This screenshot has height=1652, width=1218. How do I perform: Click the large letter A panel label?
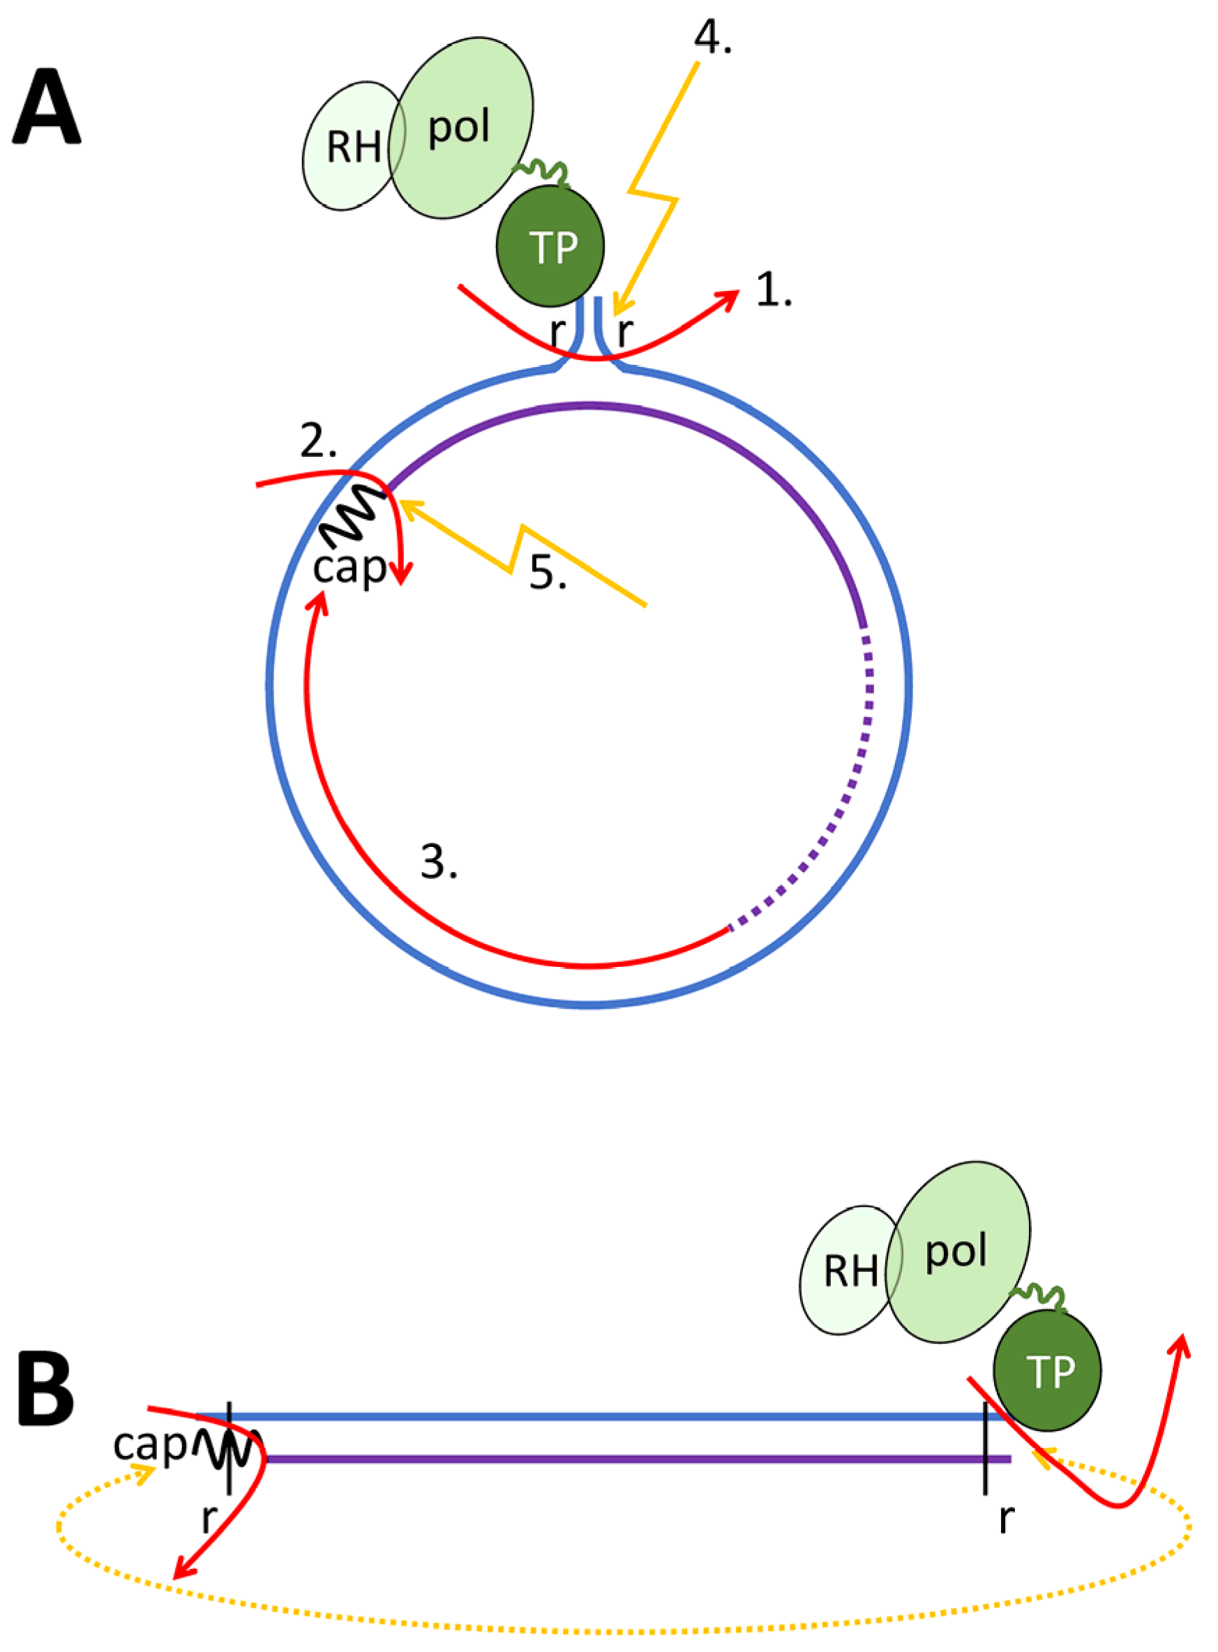click(x=47, y=108)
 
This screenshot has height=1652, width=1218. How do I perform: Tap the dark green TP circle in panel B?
click(x=1046, y=1370)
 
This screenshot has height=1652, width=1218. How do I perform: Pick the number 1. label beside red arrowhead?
click(x=774, y=290)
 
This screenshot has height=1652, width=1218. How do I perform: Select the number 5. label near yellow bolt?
click(x=548, y=572)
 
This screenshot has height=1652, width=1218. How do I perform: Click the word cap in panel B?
click(x=150, y=1444)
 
